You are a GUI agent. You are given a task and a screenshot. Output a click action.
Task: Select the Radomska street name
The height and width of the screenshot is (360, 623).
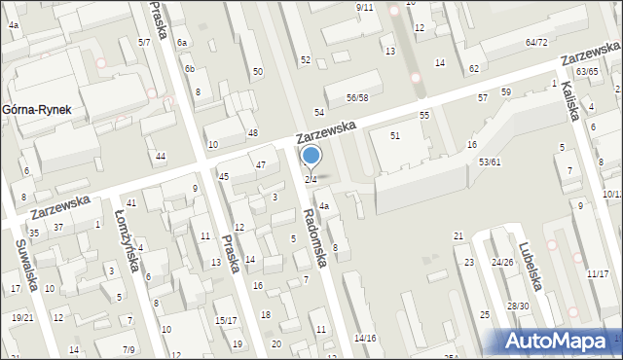coord(320,234)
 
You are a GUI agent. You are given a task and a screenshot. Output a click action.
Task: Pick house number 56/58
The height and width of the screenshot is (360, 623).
coord(357,98)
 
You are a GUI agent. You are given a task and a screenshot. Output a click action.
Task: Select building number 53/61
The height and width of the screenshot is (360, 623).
coord(490,162)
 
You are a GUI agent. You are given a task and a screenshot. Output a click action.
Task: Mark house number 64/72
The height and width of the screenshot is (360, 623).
coord(536,43)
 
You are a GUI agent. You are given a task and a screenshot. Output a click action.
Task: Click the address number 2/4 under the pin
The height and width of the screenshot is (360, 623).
coord(311,179)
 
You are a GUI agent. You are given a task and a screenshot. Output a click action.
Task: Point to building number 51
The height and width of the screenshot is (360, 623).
coord(395,135)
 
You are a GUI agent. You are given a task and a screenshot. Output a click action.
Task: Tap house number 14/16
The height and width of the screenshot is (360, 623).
coord(364,338)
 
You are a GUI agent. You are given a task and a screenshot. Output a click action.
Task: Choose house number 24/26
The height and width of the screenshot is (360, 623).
coord(502,263)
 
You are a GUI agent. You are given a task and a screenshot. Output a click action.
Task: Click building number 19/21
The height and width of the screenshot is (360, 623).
coord(22,318)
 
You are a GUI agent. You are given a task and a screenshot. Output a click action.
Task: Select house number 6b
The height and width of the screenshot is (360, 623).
coord(191,68)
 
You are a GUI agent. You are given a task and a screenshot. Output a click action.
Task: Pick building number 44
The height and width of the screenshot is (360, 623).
coord(161,157)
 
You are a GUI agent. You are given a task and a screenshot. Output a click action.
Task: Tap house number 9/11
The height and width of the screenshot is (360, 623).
coord(364,8)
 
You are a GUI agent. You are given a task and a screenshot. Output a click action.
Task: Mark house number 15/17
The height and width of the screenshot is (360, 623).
coord(226,321)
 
